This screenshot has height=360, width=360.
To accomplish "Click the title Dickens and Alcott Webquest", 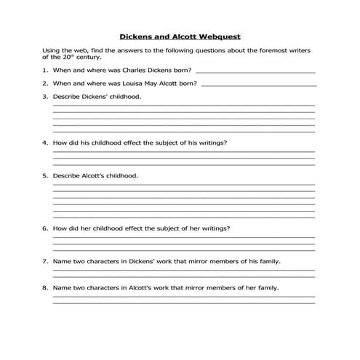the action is coord(179,35).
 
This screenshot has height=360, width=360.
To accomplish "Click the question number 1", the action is coord(45,71).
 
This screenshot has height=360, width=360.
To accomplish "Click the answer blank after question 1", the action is coord(255,72).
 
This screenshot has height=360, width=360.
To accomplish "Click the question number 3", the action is coord(45,97).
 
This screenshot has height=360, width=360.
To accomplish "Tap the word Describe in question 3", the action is coord(67,97).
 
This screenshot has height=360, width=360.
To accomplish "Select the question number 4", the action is coord(45,143).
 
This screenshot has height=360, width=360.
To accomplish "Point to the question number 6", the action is coord(45,228).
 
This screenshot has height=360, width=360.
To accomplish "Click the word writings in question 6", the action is coord(215,228).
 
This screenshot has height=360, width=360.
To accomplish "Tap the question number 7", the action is coord(45,261).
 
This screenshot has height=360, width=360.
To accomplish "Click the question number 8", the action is coord(45,287).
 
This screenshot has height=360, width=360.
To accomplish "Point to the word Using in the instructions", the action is coord(52,49).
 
